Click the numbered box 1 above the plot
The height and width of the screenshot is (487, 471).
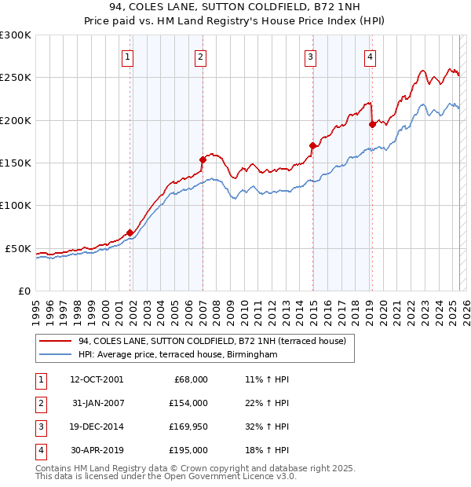click(x=127, y=56)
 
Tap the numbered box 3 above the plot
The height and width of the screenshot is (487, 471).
click(x=311, y=56)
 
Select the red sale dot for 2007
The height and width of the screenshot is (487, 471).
click(x=203, y=159)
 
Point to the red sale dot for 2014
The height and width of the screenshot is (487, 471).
click(x=312, y=145)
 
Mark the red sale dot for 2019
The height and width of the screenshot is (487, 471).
click(x=372, y=124)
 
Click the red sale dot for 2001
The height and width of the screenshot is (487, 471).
click(x=130, y=233)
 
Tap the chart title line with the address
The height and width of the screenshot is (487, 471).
click(x=235, y=9)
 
